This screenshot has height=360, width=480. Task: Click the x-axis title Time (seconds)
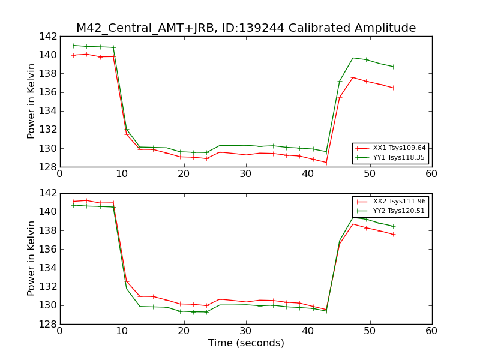[x=246, y=343]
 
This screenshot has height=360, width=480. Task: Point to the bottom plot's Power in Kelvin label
[x=32, y=259]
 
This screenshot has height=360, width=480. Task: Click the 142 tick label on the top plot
[x=49, y=37]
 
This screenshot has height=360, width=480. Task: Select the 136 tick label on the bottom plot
[x=49, y=249]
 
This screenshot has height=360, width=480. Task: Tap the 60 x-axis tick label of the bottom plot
[x=431, y=331]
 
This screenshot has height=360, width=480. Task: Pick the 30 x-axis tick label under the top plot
[x=245, y=174]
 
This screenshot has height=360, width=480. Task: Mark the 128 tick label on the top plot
[x=49, y=167]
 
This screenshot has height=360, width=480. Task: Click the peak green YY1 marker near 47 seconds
[x=353, y=58]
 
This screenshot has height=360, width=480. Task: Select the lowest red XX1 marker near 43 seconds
[x=326, y=162]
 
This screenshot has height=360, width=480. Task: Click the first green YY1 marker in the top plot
[x=74, y=46]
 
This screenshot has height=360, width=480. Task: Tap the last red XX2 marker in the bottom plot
[x=393, y=234]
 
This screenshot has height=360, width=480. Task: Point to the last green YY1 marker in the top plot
[x=393, y=67]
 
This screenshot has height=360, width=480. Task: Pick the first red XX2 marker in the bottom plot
[x=74, y=202]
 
